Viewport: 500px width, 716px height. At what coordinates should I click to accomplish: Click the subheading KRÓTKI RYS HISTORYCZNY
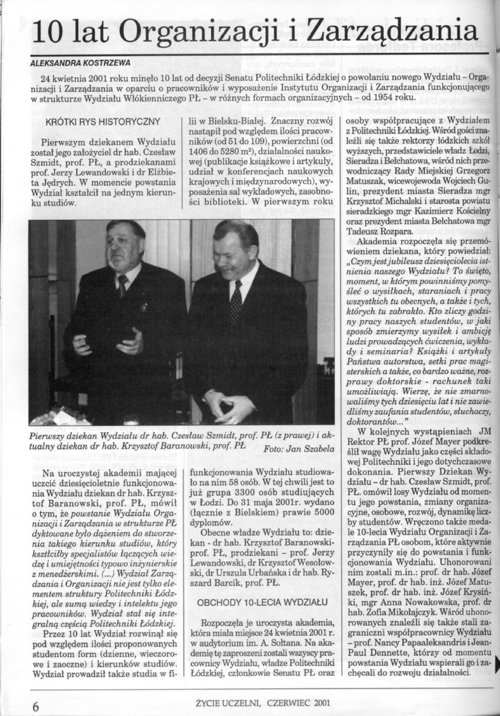pos(103,122)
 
